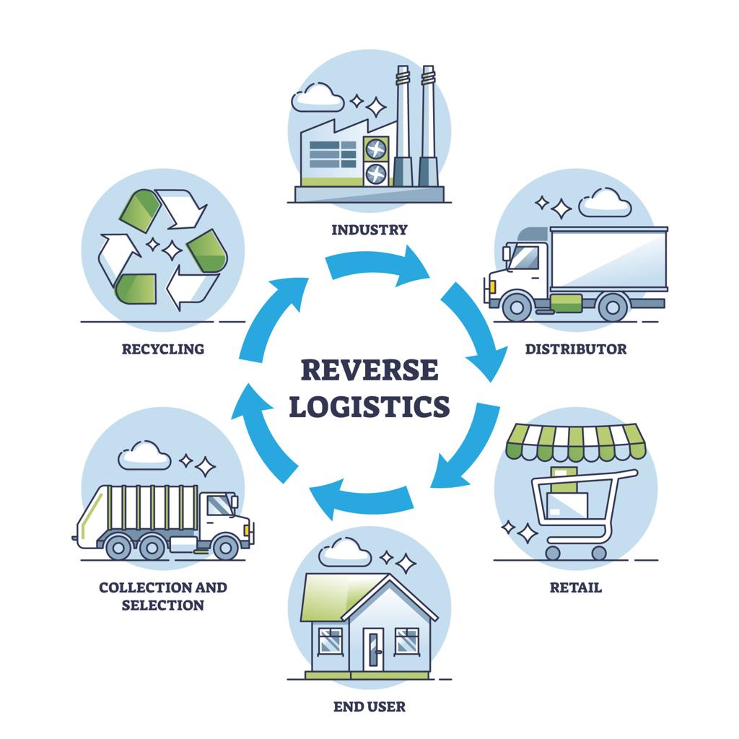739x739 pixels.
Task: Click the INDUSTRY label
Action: point(369,230)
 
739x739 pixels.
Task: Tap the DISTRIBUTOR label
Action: point(575,349)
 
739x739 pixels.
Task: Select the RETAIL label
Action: point(575,587)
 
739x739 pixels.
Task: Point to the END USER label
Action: point(369,706)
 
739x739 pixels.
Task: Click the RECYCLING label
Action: point(163,349)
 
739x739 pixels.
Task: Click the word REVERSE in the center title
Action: point(369,370)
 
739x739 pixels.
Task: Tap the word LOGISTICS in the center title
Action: point(369,406)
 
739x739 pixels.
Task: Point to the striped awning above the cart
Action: point(576,442)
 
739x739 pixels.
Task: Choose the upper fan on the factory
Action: point(375,149)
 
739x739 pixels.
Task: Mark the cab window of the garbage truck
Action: point(219,506)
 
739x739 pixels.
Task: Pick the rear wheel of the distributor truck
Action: point(612,307)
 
